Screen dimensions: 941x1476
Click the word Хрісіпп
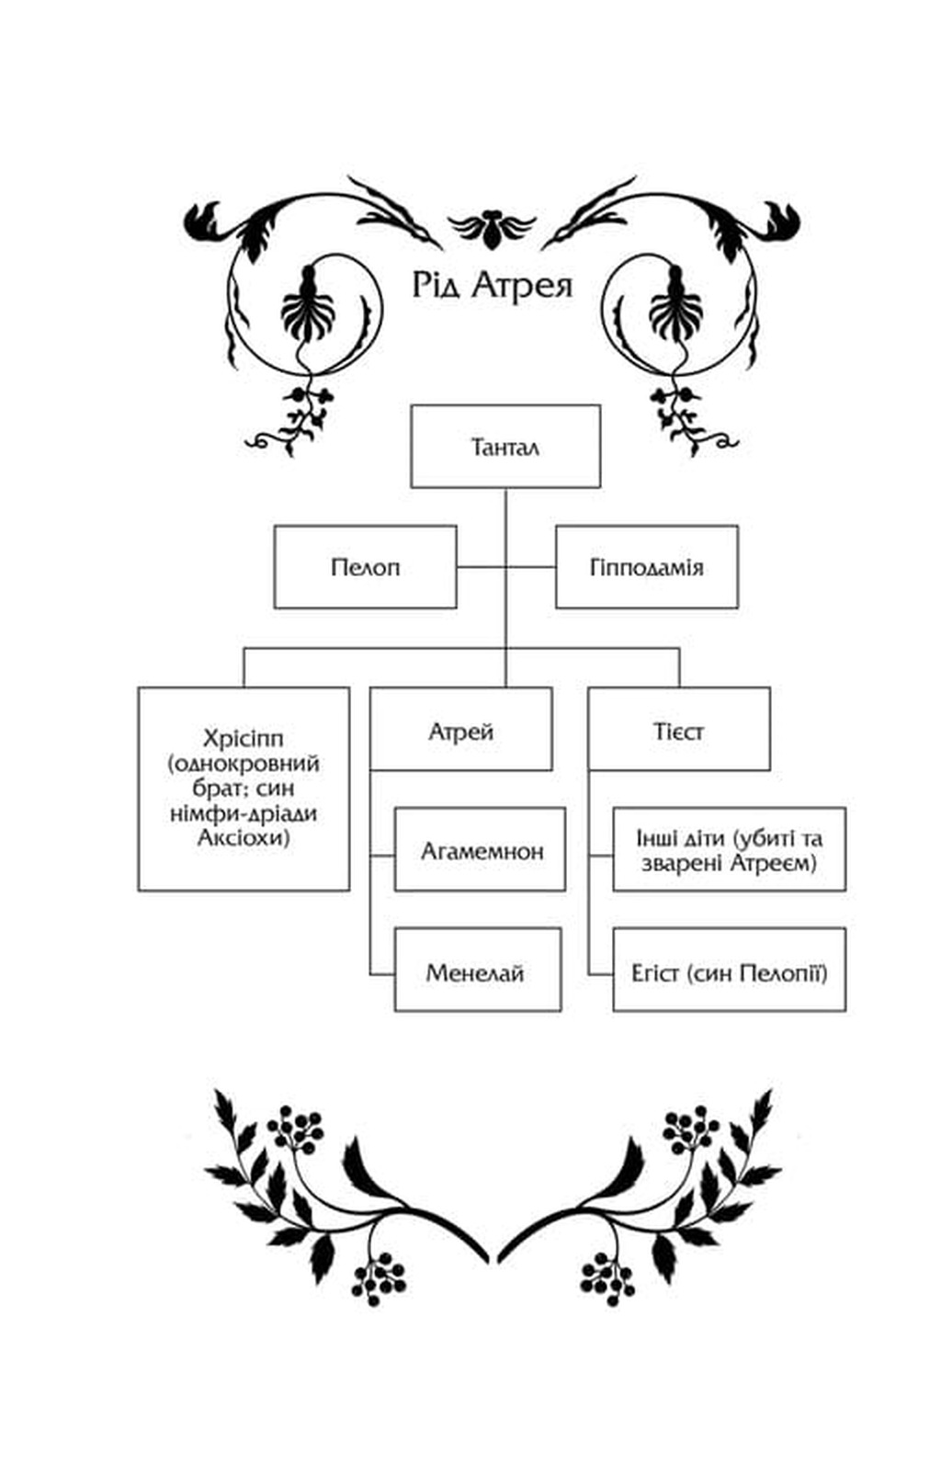[244, 738]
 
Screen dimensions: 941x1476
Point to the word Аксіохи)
[244, 838]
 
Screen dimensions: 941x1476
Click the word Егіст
[654, 973]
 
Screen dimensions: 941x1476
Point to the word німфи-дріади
[244, 813]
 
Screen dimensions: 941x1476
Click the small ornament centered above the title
[491, 229]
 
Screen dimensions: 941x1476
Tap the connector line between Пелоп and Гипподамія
[506, 567]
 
